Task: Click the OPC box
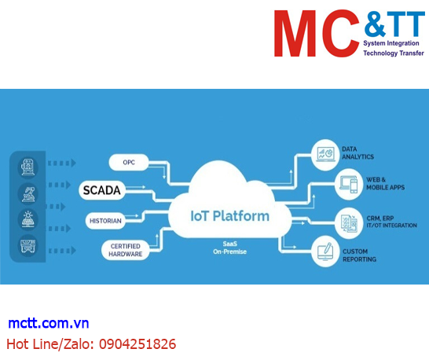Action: [129, 162]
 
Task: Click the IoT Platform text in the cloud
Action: [230, 215]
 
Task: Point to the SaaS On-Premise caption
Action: [230, 248]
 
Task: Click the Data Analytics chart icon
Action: [324, 152]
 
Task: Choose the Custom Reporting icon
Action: [324, 253]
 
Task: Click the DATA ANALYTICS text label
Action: [357, 152]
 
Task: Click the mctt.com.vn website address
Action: [49, 324]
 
